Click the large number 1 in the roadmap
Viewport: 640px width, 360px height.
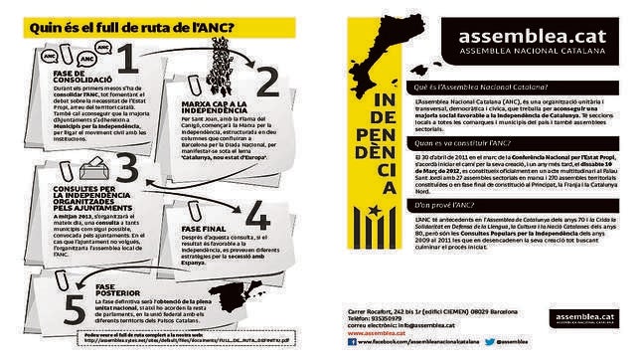(125, 62)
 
